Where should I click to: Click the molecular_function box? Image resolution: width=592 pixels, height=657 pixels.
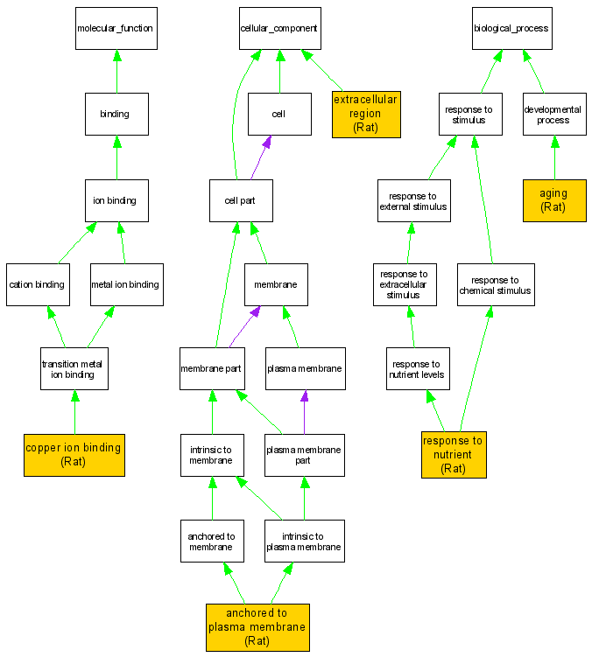[115, 28]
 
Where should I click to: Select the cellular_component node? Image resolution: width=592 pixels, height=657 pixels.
[279, 28]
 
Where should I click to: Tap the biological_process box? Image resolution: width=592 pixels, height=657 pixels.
[511, 28]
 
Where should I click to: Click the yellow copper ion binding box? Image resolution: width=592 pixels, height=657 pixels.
[74, 455]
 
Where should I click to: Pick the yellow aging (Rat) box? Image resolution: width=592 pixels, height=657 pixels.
[553, 200]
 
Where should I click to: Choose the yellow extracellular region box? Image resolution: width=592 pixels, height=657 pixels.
[366, 114]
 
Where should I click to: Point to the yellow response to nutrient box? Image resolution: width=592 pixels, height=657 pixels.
[453, 455]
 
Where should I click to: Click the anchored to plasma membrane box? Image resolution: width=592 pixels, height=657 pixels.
[257, 627]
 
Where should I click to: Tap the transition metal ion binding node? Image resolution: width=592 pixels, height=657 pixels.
[74, 369]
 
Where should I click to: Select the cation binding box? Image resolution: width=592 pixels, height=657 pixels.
[38, 284]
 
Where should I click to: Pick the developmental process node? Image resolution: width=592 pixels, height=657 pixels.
[553, 115]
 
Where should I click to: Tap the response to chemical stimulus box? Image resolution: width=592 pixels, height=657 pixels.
[496, 284]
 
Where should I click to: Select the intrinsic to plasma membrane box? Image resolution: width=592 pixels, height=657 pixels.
[304, 541]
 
